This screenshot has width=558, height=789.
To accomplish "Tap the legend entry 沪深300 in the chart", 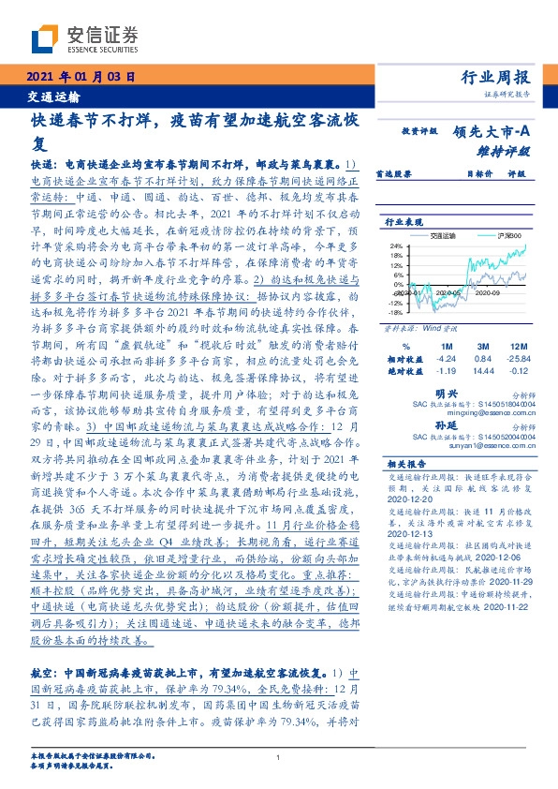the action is (x=508, y=238).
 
